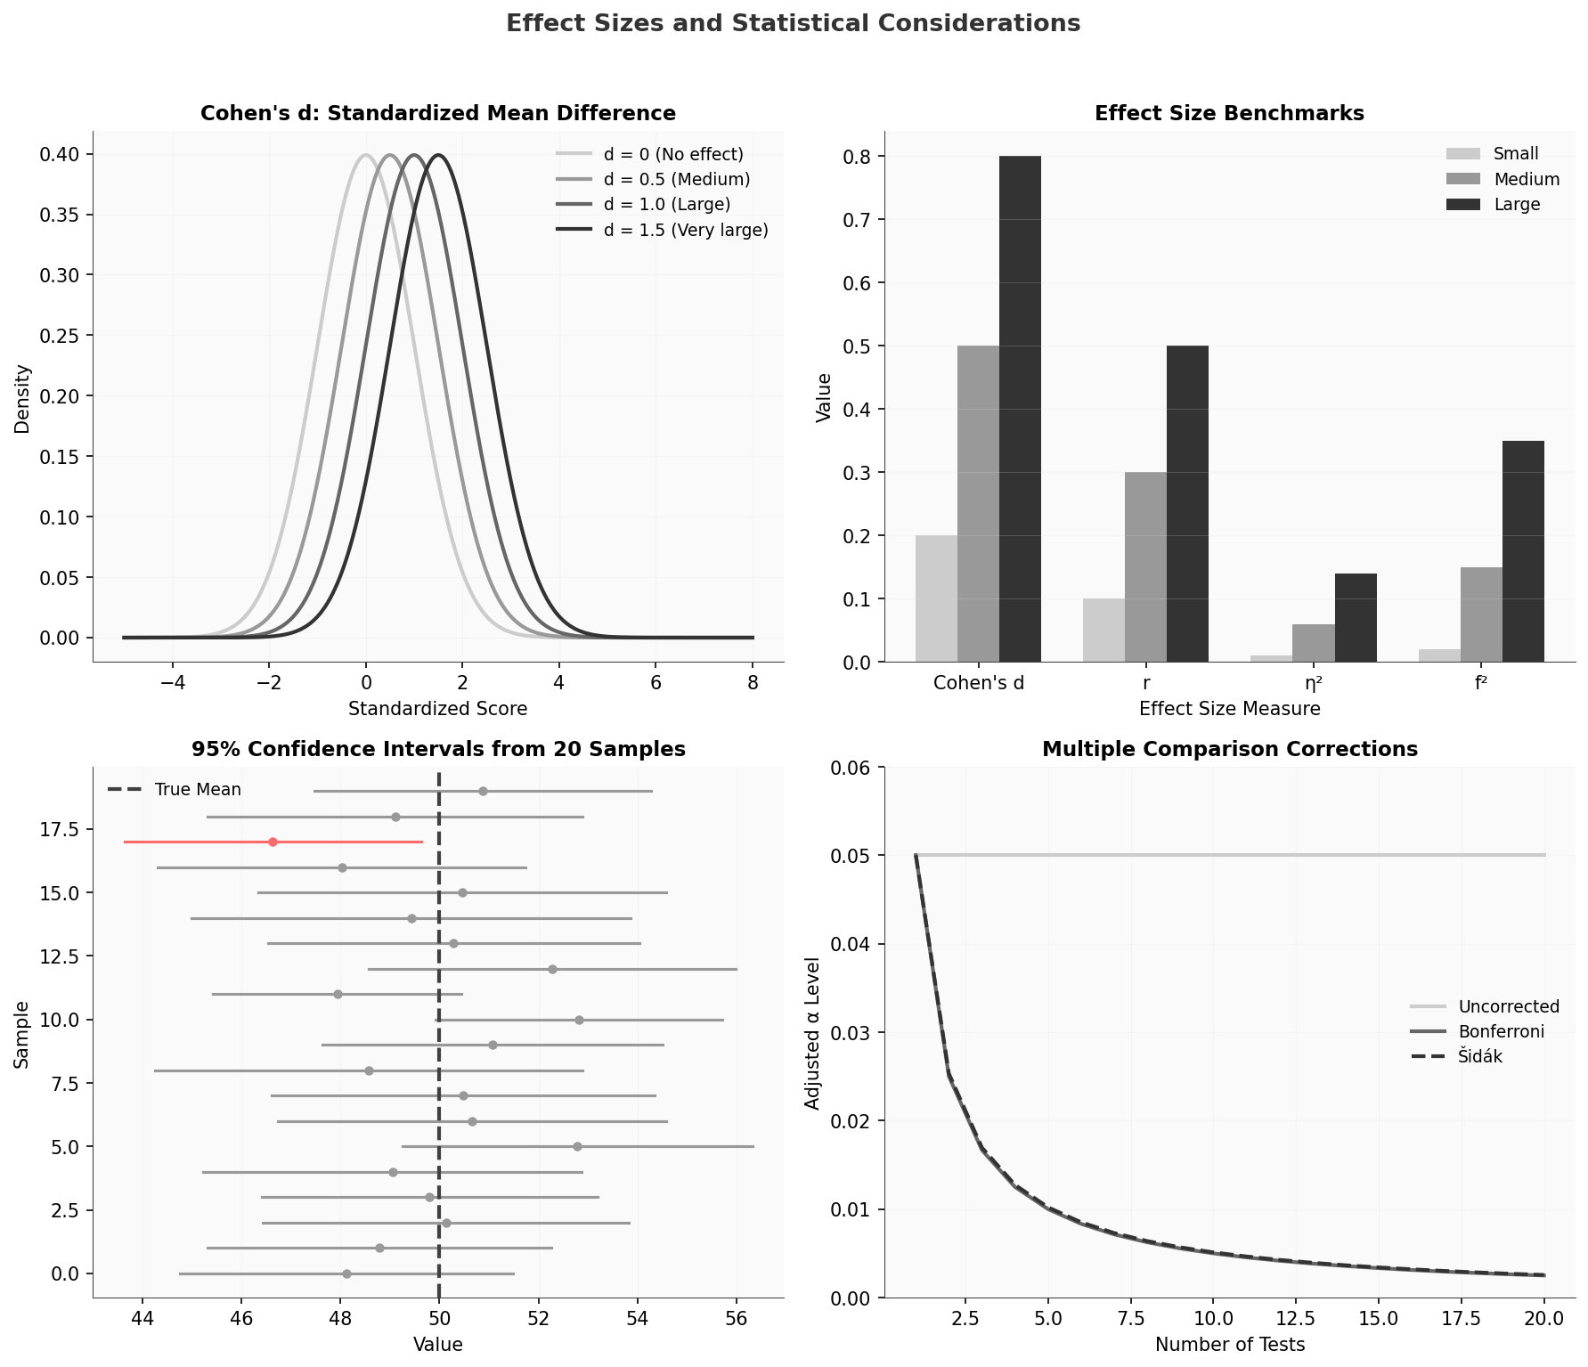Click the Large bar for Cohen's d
1020,409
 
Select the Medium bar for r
1145,566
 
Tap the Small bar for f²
1439,655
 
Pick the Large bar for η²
1356,617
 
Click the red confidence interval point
273,842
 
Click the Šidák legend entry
1479,1057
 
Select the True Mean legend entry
197,790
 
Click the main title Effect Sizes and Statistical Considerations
793,23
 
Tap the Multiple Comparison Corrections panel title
1229,749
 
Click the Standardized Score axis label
437,709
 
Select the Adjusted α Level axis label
811,1033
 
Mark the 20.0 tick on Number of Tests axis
1543,1318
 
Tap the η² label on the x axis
1313,684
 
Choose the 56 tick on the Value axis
737,1318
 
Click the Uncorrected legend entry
1508,1006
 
